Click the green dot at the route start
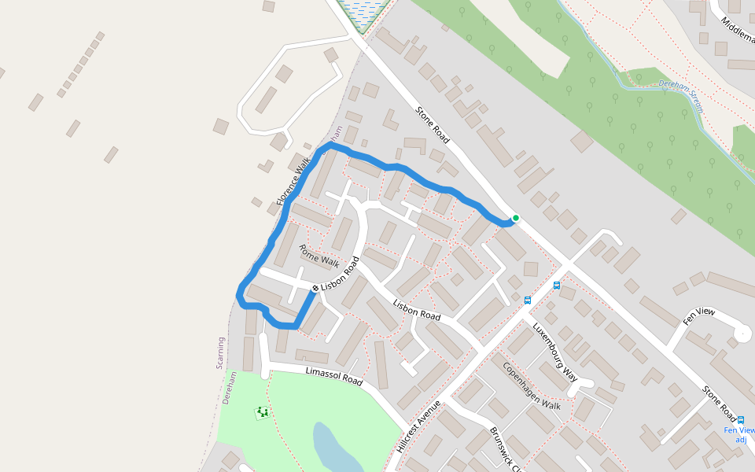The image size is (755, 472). (516, 218)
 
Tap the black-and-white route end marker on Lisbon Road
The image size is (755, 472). (315, 289)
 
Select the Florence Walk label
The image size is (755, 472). (293, 181)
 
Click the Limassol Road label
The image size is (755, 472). (333, 376)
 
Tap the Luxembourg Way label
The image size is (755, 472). (555, 352)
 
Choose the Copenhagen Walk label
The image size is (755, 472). (532, 386)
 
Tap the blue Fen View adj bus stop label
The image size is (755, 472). (739, 435)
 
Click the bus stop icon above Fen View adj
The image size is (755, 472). (741, 420)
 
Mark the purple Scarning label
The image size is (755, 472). (221, 353)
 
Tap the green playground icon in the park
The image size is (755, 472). (262, 412)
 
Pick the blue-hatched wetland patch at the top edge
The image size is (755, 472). (363, 11)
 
